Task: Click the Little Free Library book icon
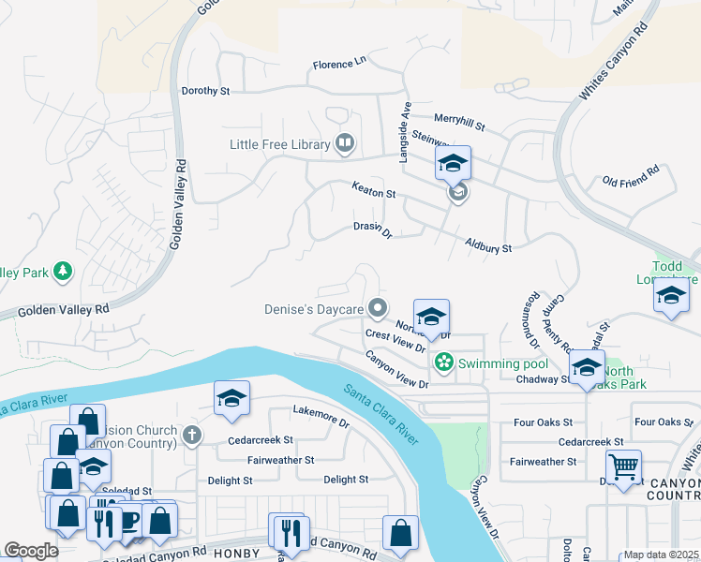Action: coord(345,144)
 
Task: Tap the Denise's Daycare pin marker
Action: coord(378,308)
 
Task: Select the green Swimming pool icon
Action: coord(443,362)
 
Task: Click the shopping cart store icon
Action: coord(623,466)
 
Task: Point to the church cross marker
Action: coord(192,435)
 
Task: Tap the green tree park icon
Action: coord(63,273)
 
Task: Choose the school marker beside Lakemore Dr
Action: coord(231,397)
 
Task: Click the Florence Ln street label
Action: coord(339,64)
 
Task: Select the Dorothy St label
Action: coord(205,91)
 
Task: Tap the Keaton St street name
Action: coord(374,191)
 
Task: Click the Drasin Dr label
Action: coord(372,229)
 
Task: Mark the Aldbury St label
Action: coord(488,246)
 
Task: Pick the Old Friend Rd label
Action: coord(631,175)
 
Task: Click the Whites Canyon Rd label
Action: coord(614,63)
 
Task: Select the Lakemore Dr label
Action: coord(321,416)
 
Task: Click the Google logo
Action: coord(31,550)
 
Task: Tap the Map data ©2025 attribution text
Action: coord(661,555)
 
